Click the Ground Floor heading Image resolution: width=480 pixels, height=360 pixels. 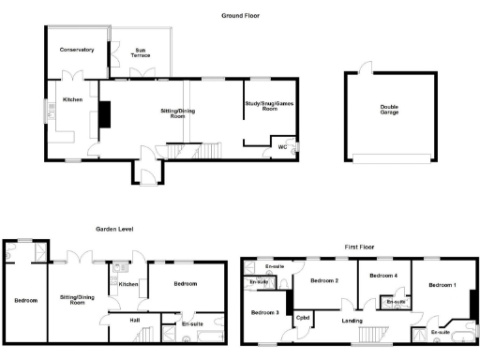(x=240, y=16)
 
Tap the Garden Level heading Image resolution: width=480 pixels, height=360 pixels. (x=112, y=229)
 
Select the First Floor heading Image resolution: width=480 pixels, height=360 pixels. (x=358, y=247)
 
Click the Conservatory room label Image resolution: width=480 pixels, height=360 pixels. (x=76, y=49)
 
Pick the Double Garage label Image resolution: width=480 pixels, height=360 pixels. (x=389, y=110)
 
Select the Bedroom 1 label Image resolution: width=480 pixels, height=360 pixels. (x=442, y=285)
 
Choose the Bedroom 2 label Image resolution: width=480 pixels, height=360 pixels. (x=324, y=280)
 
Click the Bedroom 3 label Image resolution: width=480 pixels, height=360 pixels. (x=265, y=311)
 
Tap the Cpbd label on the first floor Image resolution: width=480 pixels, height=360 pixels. (x=303, y=318)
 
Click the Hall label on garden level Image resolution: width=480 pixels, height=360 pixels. (x=135, y=319)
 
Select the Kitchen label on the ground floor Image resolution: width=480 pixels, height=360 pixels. (x=72, y=98)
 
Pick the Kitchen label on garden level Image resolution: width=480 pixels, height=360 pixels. (x=128, y=284)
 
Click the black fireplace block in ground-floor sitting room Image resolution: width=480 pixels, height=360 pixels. (x=106, y=113)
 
